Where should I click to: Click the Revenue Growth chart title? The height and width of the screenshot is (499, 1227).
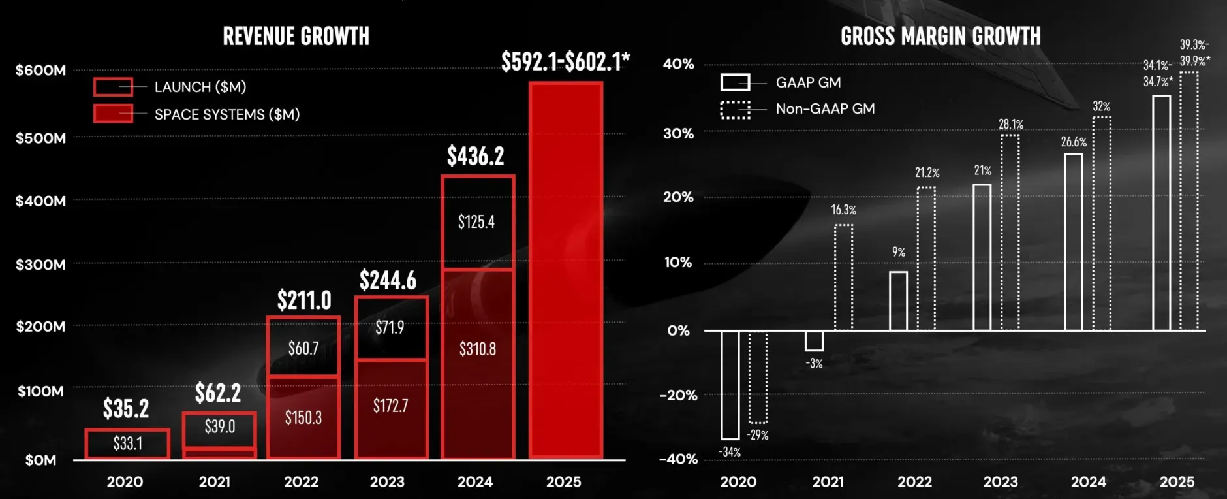tap(296, 37)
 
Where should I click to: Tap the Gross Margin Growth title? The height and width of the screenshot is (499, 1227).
tap(940, 37)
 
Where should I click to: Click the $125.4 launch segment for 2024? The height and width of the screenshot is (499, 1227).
tap(476, 222)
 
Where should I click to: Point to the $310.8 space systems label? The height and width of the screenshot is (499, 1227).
tap(478, 349)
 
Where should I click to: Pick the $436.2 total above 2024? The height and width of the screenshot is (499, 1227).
tap(476, 156)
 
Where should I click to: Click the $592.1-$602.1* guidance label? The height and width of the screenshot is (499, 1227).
tap(565, 61)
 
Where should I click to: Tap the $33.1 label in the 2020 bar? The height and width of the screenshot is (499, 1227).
tap(128, 443)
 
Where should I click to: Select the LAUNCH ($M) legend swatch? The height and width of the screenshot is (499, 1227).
tap(113, 87)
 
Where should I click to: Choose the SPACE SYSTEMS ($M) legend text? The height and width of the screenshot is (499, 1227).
tap(227, 114)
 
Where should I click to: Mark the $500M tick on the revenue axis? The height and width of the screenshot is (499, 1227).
tap(40, 138)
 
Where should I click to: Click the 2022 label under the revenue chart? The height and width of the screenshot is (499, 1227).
tap(302, 482)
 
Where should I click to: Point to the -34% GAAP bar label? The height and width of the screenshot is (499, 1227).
tap(730, 452)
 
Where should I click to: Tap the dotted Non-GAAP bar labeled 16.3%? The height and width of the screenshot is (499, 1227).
tap(844, 277)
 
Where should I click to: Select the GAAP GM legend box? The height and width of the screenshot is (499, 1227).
tap(735, 82)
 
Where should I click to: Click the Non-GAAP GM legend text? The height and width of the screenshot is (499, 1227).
tap(825, 109)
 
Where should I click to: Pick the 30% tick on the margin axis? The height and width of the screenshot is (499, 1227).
tap(679, 133)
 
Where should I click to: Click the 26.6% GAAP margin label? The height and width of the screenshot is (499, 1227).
tap(1074, 142)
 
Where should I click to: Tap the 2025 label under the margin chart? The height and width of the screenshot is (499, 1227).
tap(1177, 482)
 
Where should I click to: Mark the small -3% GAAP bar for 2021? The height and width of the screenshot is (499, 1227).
tap(814, 341)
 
